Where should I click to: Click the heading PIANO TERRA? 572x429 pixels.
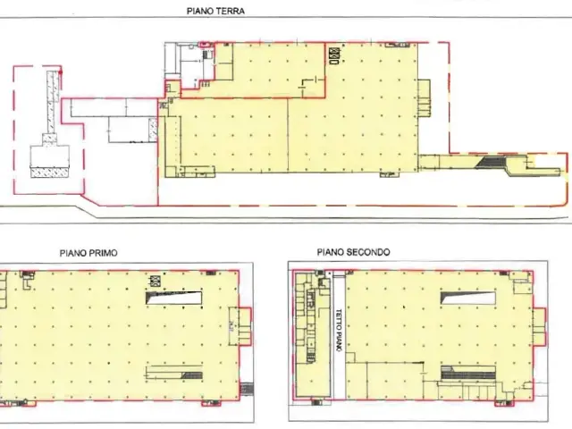[215, 11]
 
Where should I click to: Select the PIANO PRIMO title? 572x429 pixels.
[88, 253]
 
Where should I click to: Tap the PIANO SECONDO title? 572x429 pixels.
[353, 252]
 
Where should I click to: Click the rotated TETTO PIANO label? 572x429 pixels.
[339, 331]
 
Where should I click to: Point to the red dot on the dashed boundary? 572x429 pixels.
[61, 72]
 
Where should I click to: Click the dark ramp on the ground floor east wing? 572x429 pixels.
[490, 162]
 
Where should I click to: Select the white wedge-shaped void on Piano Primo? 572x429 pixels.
[173, 298]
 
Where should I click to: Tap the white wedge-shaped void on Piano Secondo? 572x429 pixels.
[468, 298]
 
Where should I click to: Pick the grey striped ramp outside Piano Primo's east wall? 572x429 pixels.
[247, 389]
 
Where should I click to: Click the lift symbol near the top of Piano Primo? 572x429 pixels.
[156, 281]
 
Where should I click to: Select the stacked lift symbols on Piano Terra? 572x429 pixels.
[334, 56]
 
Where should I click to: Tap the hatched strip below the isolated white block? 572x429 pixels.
[50, 172]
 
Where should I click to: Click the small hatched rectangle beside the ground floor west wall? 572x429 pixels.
[153, 130]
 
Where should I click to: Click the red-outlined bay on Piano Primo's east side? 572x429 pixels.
[245, 326]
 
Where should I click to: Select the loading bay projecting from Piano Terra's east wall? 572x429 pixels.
[424, 98]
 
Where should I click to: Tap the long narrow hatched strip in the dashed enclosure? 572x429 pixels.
[54, 102]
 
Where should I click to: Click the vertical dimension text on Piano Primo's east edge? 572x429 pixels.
[232, 325]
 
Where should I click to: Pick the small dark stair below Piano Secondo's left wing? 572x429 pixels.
[315, 403]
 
